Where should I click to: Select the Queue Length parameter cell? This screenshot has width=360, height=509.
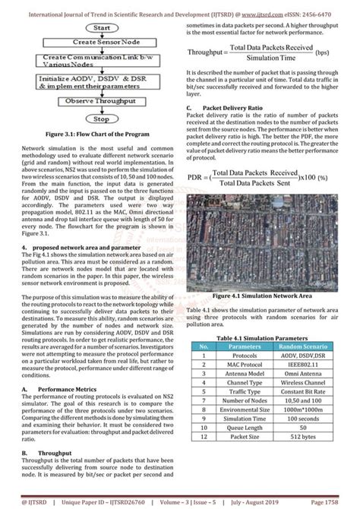(245, 449)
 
